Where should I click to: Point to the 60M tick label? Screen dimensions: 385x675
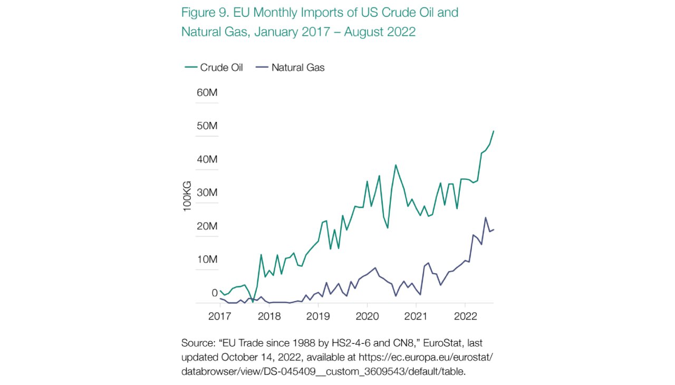pyautogui.click(x=207, y=93)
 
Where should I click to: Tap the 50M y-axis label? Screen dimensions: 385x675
pyautogui.click(x=207, y=126)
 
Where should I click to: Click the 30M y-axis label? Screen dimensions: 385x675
pyautogui.click(x=207, y=192)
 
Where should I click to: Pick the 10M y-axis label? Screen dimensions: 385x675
pyautogui.click(x=207, y=259)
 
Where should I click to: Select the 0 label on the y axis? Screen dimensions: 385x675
pyautogui.click(x=215, y=293)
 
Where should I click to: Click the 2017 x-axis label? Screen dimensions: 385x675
pyautogui.click(x=220, y=317)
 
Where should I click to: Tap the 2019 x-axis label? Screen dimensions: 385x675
pyautogui.click(x=318, y=317)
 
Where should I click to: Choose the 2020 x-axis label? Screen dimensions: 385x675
pyautogui.click(x=367, y=317)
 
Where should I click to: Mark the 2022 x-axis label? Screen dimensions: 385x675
pyautogui.click(x=465, y=317)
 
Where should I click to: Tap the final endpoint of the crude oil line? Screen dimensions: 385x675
pyautogui.click(x=494, y=131)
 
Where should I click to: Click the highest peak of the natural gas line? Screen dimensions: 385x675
pyautogui.click(x=485, y=217)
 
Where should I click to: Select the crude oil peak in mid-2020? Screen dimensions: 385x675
pyautogui.click(x=396, y=165)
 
